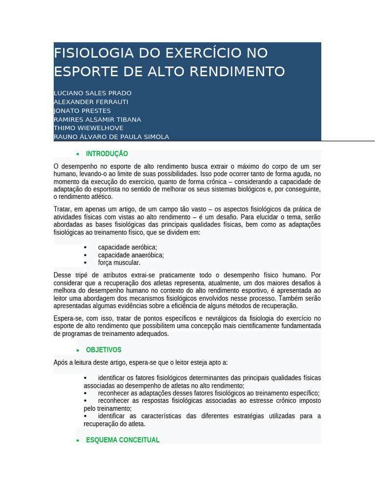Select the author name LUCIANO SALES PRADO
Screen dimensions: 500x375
(92, 93)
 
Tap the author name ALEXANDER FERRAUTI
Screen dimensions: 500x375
(91, 102)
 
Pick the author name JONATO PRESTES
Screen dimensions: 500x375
(82, 110)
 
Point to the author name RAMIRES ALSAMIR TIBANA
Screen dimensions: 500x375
(97, 119)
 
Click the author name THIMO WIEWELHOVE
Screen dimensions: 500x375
(88, 128)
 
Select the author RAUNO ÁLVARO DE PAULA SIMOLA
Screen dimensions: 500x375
(111, 137)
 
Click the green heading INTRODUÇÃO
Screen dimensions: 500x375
(107, 154)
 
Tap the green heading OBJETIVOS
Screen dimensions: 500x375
(104, 350)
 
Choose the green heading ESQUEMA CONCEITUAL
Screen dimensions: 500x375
(123, 440)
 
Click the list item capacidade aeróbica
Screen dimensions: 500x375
(127, 248)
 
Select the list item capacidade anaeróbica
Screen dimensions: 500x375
(131, 255)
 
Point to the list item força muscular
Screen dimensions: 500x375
(119, 262)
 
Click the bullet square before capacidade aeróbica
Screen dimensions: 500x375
(85, 248)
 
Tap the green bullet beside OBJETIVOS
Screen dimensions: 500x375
(78, 351)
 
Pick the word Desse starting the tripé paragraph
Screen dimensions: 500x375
(62, 275)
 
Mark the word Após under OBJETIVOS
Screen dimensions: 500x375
(61, 362)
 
